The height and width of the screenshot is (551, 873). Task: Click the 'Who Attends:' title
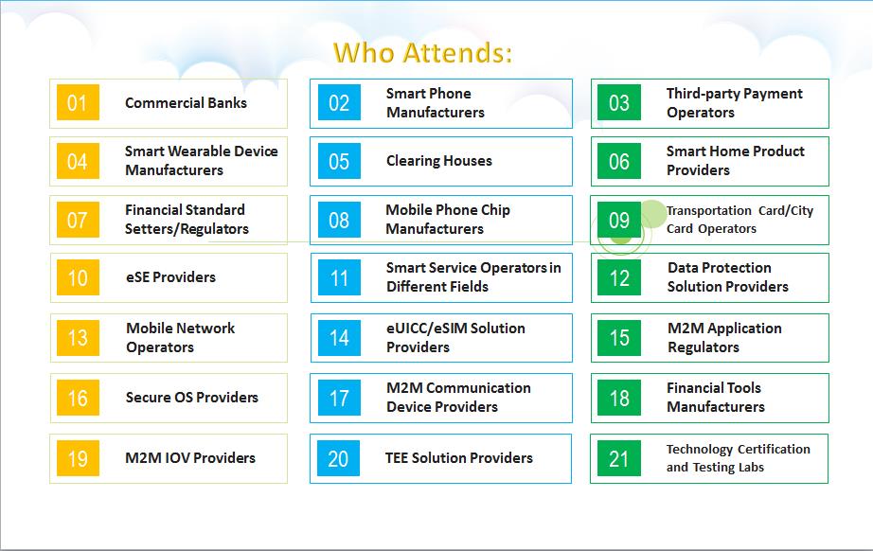[x=422, y=53]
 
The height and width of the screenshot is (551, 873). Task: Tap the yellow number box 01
[x=78, y=102]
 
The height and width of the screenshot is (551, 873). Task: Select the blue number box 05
[x=339, y=161]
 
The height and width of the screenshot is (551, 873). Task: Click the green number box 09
[x=619, y=220]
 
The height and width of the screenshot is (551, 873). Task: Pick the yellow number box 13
[x=78, y=338]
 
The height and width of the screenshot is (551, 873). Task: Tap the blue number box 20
[x=339, y=458]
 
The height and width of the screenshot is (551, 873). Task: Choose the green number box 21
[x=618, y=458]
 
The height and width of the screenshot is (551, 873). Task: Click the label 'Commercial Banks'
[x=186, y=103]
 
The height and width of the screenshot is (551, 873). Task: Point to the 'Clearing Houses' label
[x=439, y=161]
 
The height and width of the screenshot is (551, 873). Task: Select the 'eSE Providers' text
[x=171, y=277]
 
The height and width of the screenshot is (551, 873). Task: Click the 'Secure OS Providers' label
[x=192, y=398]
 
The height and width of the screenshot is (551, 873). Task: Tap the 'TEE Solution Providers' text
[x=459, y=458]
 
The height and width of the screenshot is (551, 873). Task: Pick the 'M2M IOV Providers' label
[x=190, y=458]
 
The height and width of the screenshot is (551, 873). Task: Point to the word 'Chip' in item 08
[x=495, y=210]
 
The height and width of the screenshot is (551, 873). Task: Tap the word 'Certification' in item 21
[x=774, y=449]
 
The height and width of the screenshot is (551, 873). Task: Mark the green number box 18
[x=619, y=398]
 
